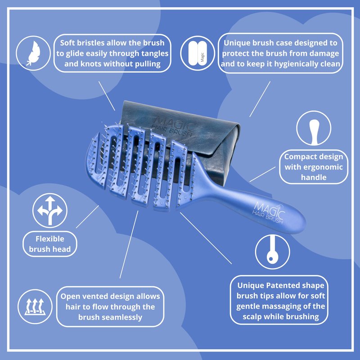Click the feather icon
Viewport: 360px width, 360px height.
point(33,53)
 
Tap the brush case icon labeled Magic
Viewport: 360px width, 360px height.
point(198,53)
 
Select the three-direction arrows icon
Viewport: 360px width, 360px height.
point(50,210)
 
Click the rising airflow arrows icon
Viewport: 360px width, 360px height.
point(35,306)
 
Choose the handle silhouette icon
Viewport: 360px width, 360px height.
point(314,132)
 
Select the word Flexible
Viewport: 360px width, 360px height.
point(50,239)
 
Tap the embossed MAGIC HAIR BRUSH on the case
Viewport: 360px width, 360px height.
point(174,126)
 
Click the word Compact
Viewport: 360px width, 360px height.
point(297,157)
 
